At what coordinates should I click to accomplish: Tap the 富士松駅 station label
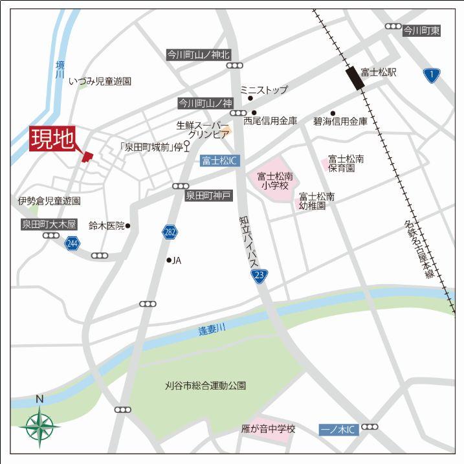379,72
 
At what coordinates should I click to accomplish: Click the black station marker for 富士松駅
354,80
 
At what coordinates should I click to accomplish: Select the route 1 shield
431,75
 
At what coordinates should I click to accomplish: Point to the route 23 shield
260,276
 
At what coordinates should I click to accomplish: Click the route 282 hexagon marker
170,232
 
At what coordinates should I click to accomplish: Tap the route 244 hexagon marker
72,243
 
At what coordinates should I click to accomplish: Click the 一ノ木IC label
338,429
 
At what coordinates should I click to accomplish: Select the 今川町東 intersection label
421,30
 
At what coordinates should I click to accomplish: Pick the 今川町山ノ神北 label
198,55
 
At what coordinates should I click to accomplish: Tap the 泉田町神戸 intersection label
208,195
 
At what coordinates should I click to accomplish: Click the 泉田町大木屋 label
49,225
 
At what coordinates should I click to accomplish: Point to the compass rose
39,426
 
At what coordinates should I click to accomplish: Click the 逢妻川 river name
212,329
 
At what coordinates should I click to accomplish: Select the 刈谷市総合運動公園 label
205,386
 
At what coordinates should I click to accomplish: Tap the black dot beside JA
169,260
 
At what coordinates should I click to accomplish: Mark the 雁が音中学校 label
267,429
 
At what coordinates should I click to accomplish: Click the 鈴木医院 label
106,225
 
